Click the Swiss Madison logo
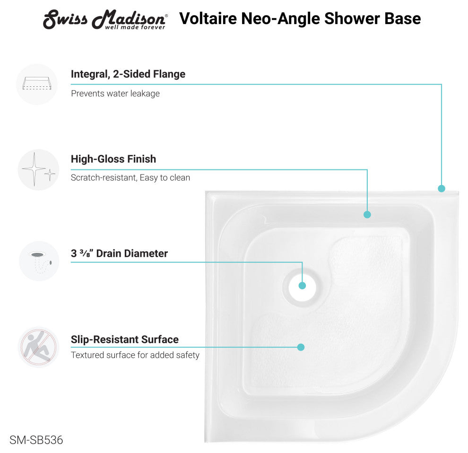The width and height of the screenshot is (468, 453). point(105,20)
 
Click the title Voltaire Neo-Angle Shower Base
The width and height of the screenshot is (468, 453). point(300,18)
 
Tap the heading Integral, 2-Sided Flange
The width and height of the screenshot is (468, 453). point(128,74)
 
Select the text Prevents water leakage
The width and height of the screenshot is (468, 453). point(115,93)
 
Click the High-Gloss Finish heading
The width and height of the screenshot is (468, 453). point(113,159)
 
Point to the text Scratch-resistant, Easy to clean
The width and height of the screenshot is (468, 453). point(130,177)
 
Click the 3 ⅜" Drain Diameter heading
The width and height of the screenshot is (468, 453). point(120,253)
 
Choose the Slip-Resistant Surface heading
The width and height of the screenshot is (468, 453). point(125,339)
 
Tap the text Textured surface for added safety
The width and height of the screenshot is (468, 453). point(135,355)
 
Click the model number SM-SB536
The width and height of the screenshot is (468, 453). point(36,440)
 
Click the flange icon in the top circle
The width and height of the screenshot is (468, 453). point(37,84)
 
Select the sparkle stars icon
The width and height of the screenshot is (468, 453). point(38,169)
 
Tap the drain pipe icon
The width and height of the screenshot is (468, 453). point(40,262)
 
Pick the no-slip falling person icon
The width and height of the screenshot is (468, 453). point(38,347)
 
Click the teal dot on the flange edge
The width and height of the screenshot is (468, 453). point(442,188)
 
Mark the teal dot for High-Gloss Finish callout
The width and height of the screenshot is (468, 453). point(367,214)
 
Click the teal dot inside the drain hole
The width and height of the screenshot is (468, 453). point(302,285)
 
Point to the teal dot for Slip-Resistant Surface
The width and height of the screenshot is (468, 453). point(301,347)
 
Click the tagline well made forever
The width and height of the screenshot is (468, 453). point(135,27)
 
